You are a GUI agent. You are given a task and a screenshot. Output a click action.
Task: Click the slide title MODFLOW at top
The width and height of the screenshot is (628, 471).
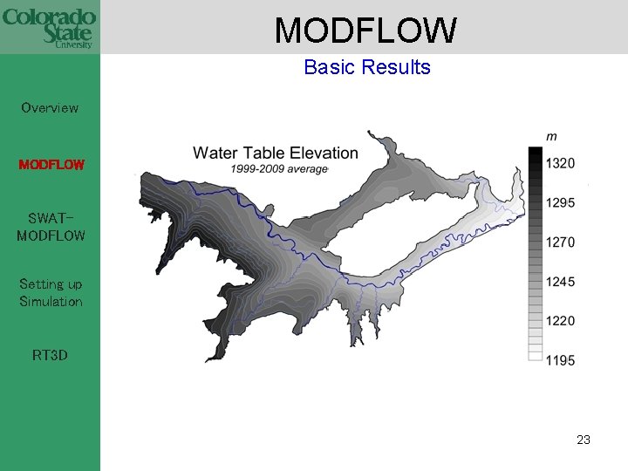click(x=365, y=31)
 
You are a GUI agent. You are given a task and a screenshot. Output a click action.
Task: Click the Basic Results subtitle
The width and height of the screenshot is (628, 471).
click(x=367, y=67)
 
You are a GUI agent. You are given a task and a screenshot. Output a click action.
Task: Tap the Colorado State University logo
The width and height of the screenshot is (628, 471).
click(x=49, y=27)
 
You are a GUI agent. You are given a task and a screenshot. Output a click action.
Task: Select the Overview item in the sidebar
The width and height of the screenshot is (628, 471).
click(x=50, y=108)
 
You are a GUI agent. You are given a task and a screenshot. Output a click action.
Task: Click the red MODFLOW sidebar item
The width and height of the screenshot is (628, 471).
click(x=51, y=164)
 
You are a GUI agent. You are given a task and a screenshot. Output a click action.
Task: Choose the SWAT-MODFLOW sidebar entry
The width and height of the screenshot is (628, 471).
click(x=51, y=227)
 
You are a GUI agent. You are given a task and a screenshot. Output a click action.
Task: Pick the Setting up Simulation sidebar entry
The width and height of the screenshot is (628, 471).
click(x=51, y=293)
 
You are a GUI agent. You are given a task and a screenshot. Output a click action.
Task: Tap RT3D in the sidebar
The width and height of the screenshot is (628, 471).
click(x=50, y=356)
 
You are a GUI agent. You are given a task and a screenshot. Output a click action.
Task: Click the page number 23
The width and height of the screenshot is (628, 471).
click(x=584, y=440)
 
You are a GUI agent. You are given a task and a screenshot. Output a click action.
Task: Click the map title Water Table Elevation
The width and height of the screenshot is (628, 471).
click(x=276, y=154)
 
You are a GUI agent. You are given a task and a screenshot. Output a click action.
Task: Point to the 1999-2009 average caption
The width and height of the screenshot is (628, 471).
click(x=280, y=169)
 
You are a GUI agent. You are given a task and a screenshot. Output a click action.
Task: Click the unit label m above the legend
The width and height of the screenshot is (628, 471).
click(x=551, y=136)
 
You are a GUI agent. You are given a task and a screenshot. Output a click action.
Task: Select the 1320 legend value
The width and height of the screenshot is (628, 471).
click(x=560, y=163)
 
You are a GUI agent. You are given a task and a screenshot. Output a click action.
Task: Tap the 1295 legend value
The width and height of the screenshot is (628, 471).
click(x=560, y=202)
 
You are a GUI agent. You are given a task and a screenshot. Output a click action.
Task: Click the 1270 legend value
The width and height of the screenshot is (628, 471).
click(x=560, y=242)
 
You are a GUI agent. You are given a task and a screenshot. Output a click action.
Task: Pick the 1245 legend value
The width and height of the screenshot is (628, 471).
click(x=560, y=282)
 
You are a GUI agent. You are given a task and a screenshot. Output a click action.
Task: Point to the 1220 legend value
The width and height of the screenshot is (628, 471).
click(x=560, y=321)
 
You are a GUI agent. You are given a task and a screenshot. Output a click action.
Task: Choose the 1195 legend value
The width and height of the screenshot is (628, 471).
click(x=560, y=360)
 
